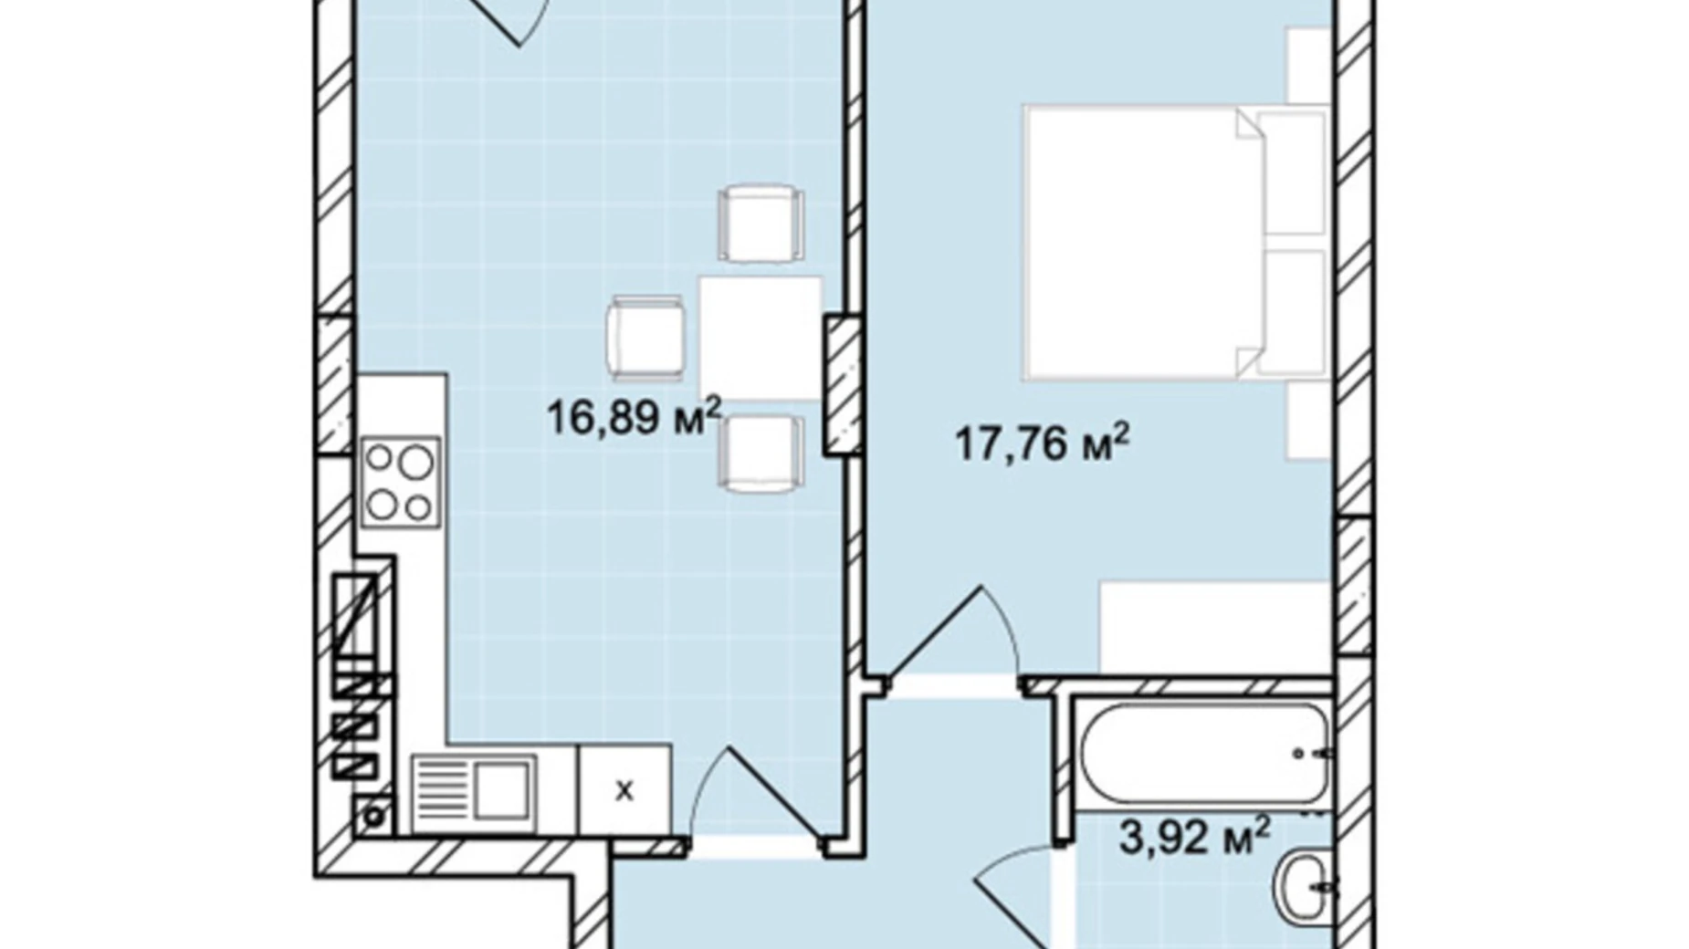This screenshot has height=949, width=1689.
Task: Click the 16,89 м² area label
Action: tap(634, 417)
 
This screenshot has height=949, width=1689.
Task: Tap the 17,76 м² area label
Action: tap(1042, 443)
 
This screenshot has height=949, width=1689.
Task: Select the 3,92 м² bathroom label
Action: tap(1194, 836)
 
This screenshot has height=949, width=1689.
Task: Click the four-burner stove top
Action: tap(401, 482)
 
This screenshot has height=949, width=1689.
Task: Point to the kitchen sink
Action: tap(473, 790)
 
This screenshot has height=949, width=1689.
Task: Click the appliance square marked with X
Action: tap(624, 790)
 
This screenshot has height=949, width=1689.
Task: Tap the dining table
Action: tap(761, 339)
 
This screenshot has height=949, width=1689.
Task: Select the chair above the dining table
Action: tap(761, 224)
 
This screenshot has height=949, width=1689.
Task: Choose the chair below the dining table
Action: tap(761, 454)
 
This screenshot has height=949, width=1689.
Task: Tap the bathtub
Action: tap(1204, 752)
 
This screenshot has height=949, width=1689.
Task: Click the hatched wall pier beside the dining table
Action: tap(843, 384)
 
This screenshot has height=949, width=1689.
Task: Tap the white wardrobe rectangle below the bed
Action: tap(1215, 628)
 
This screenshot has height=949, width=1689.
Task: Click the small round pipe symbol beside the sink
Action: tap(373, 816)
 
